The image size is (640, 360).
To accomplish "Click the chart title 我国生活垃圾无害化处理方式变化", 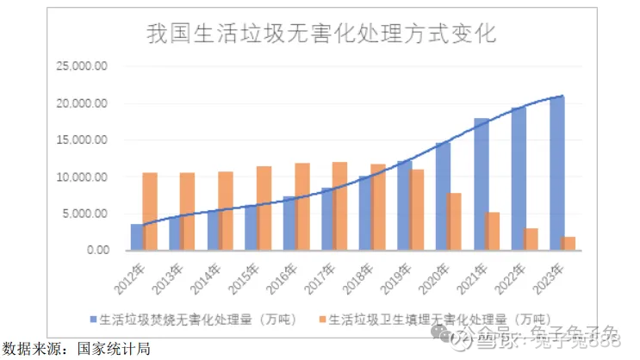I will coord(320,34).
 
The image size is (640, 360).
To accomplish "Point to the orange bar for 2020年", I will coord(454,221).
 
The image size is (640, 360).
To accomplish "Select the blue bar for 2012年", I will coord(137,237).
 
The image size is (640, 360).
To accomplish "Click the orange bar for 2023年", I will coord(569,243).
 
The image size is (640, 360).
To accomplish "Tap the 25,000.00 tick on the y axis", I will coord(82,66).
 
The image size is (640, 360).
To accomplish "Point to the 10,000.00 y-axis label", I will coord(82,177).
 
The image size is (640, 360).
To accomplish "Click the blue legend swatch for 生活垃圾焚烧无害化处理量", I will coord(93,320).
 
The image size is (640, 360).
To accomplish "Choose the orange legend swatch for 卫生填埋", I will coord(321,320).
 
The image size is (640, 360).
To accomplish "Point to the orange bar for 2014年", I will coord(226,211).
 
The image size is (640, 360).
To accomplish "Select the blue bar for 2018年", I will coord(365,213).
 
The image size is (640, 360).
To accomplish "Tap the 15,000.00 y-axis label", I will coord(82,140).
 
